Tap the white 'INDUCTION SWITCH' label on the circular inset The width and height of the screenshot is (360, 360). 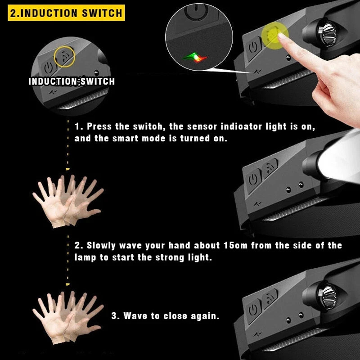pyautogui.click(x=72, y=81)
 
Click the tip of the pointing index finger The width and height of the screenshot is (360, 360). pyautogui.click(x=280, y=35)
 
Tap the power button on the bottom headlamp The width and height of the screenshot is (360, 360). pyautogui.click(x=253, y=310)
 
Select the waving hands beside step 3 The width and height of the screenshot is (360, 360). pyautogui.click(x=67, y=317)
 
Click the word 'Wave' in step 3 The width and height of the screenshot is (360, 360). pyautogui.click(x=135, y=316)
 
